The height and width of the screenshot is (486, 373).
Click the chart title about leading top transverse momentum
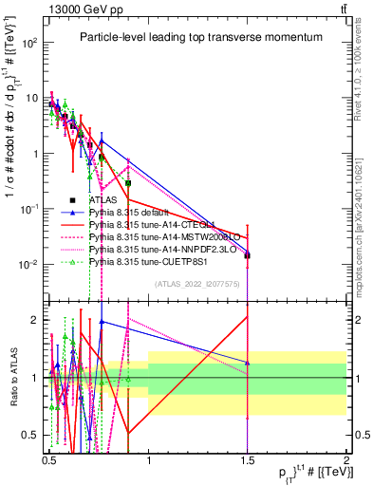coord(196,37)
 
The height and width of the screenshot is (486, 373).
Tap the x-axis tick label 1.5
coord(247,458)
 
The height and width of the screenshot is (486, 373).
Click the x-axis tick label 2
coord(346,458)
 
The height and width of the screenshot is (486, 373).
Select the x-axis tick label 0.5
coord(49,458)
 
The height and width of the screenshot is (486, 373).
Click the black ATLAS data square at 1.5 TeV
coord(247,255)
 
